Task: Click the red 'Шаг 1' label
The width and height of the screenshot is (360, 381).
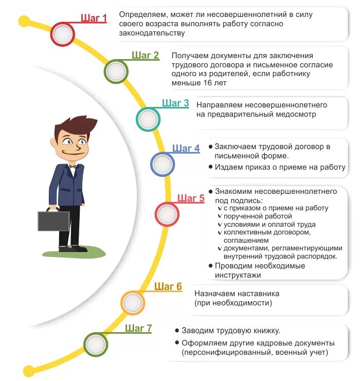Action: (94, 19)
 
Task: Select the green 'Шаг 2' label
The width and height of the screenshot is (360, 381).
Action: (145, 56)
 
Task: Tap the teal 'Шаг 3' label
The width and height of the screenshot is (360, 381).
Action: (175, 103)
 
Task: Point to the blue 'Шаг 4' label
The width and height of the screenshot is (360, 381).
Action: (186, 149)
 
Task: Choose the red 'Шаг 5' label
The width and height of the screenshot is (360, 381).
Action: (191, 198)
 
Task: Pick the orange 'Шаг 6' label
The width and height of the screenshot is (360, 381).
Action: (168, 286)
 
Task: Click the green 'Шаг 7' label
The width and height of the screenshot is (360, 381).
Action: (138, 329)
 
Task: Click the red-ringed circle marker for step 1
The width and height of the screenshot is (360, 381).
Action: (63, 34)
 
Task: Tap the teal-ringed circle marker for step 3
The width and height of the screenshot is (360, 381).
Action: (148, 119)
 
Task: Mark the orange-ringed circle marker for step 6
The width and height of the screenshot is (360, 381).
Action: (133, 302)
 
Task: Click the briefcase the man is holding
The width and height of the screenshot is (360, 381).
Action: (53, 220)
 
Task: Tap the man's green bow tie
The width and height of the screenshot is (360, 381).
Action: (73, 166)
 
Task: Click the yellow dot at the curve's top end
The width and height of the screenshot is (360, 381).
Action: (23, 21)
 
